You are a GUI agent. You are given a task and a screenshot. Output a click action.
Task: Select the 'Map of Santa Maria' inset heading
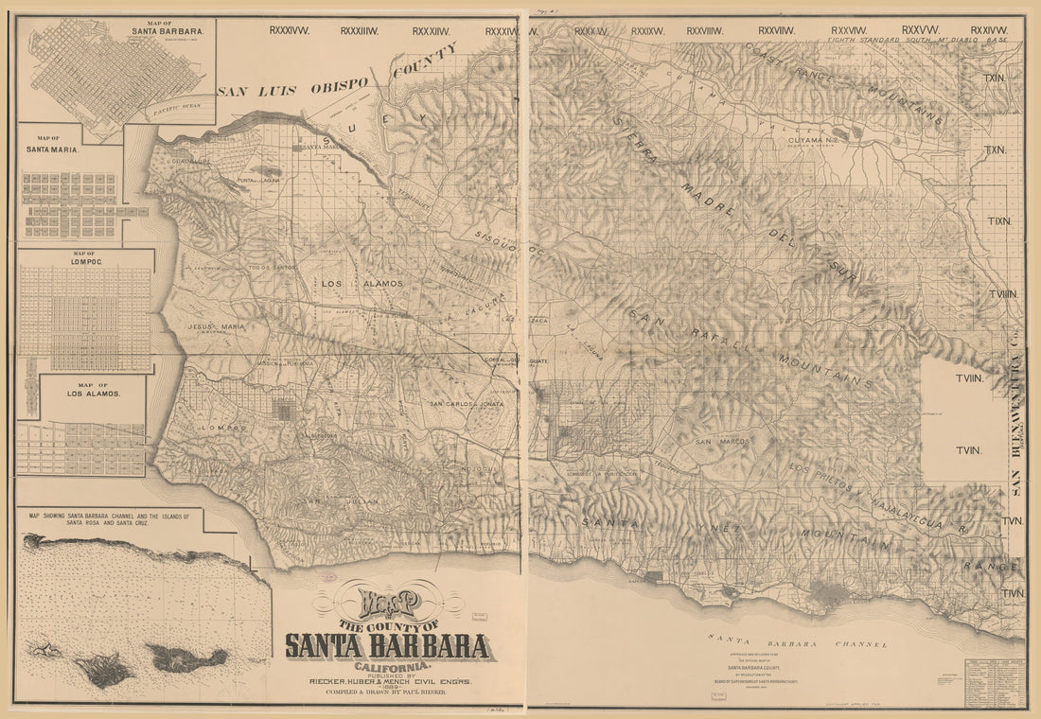coord(53,145)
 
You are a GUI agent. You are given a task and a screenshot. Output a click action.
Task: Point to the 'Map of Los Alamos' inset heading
coord(94,390)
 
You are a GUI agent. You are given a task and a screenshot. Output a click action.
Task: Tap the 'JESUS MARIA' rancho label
coord(216,326)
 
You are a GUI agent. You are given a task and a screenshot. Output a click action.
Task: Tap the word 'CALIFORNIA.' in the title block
coord(388,666)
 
